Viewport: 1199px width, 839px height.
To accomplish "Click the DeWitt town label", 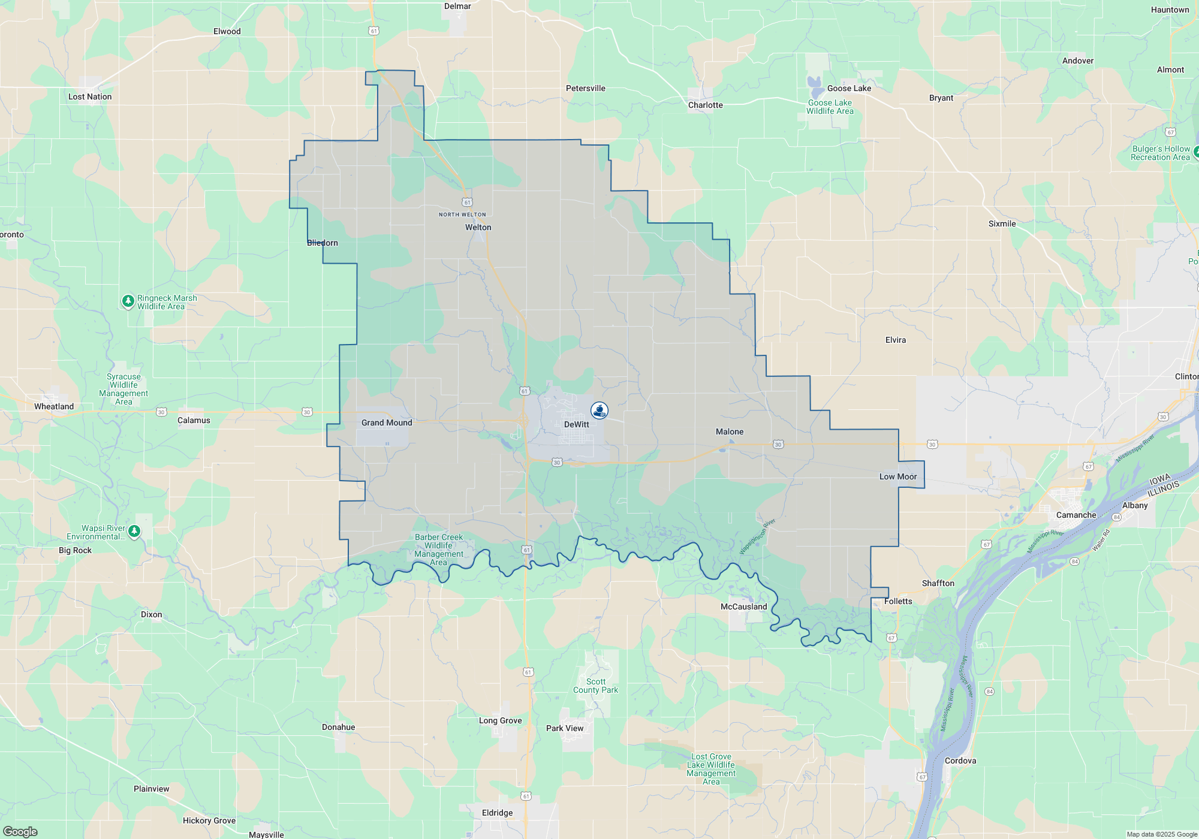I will [x=576, y=424].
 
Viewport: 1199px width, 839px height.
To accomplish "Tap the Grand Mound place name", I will [x=387, y=422].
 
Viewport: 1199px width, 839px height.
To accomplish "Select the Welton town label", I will [x=478, y=227].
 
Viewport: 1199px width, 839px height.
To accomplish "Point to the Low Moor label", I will [x=897, y=476].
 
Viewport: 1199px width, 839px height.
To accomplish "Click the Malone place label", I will [x=729, y=431].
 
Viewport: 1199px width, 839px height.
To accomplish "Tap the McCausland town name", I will [x=743, y=606].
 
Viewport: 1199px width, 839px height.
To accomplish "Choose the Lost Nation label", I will [x=90, y=96].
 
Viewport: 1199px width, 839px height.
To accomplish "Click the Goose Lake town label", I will [x=849, y=88].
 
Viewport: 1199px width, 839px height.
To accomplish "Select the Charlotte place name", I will [x=705, y=105].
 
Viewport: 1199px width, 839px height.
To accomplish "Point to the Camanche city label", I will [x=1076, y=515].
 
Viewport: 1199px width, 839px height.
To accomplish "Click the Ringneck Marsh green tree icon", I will [x=128, y=301].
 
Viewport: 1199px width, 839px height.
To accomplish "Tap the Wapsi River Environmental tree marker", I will [x=134, y=532].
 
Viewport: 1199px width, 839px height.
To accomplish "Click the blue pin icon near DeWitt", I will [x=599, y=411].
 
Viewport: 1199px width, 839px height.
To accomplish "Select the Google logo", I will [x=20, y=831].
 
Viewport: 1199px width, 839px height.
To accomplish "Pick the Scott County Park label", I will [x=595, y=686].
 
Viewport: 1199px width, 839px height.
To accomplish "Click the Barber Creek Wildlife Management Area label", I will [x=439, y=550].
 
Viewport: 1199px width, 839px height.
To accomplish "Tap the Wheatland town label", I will [x=54, y=406].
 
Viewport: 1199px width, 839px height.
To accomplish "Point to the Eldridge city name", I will [x=497, y=813].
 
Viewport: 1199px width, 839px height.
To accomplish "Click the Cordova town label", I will [x=960, y=760].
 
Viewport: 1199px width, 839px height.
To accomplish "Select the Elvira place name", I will [x=895, y=340].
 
